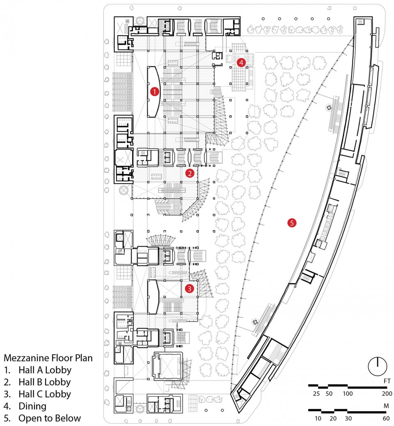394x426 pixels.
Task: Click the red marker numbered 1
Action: pos(154,92)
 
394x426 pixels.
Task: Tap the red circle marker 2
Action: pos(190,173)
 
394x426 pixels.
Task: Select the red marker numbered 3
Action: pos(190,288)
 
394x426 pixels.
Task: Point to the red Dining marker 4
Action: pos(241,63)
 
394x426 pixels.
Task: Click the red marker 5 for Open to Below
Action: pos(292,223)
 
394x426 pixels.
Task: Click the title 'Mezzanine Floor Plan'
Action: pos(48,358)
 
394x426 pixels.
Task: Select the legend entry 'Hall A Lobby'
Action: pos(45,370)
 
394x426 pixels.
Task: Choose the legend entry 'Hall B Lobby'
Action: pos(45,382)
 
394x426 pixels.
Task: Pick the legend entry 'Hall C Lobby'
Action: pos(45,394)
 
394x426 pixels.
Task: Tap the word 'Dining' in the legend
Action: pos(32,406)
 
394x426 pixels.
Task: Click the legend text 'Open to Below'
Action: pos(50,418)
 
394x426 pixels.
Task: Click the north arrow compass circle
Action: pos(378,366)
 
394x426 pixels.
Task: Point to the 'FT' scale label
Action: pos(387,381)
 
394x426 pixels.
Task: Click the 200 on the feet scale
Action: pos(387,394)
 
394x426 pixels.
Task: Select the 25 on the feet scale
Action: pos(316,394)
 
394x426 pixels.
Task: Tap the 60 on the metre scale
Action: pos(386,418)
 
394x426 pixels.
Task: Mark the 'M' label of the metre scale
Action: pos(386,406)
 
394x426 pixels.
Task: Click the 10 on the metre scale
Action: pos(318,418)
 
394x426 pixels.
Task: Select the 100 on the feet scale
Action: pos(348,394)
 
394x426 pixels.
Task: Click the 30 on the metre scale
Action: pos(348,418)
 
